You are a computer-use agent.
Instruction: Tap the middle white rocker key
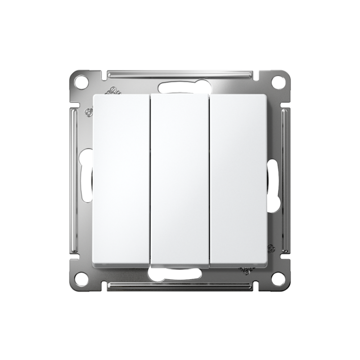click(x=180, y=180)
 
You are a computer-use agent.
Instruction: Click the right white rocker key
click(x=239, y=180)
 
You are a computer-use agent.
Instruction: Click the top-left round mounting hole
click(x=81, y=82)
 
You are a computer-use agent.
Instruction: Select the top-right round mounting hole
click(x=279, y=82)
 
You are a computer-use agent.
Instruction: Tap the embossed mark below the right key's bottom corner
click(x=246, y=270)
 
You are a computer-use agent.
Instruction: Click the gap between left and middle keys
click(x=150, y=180)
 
